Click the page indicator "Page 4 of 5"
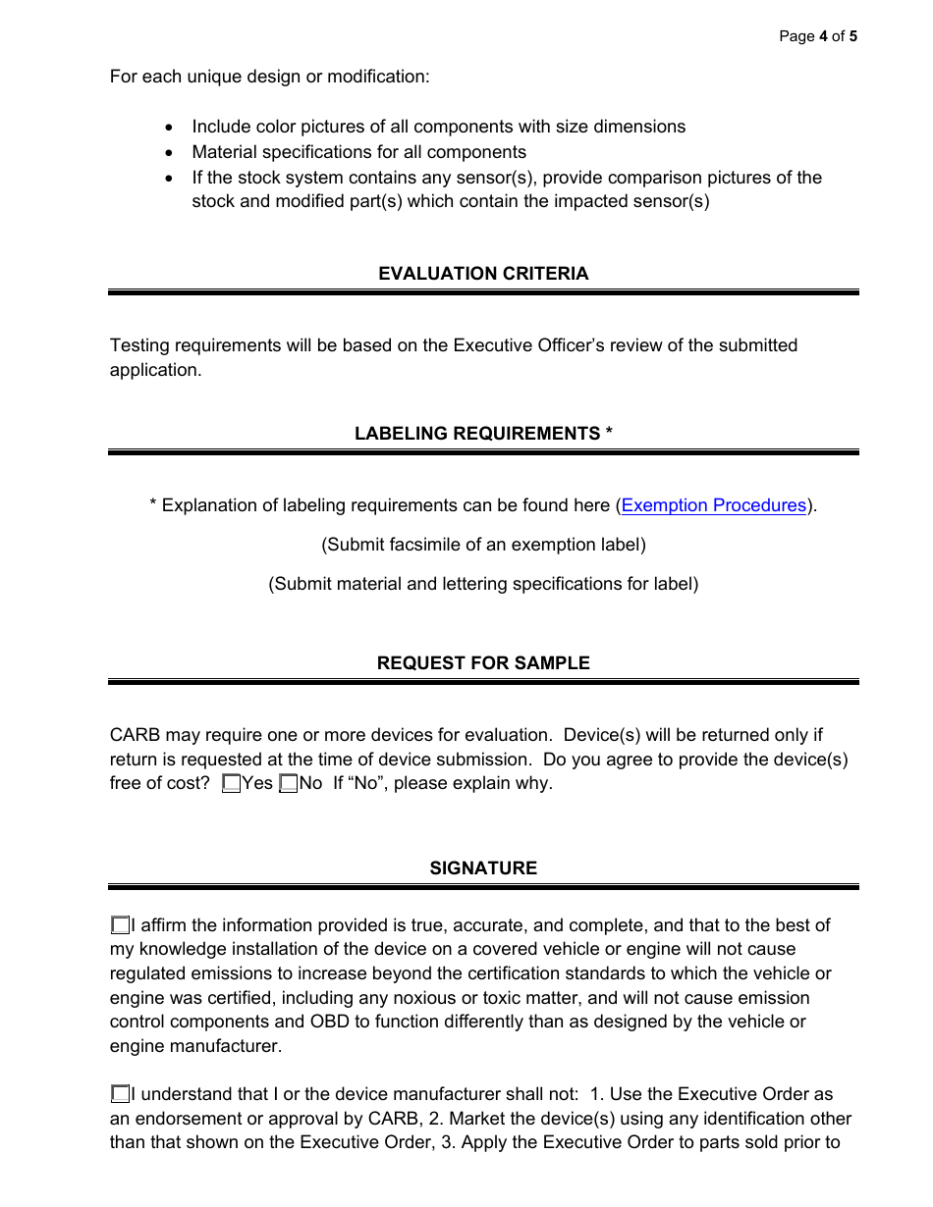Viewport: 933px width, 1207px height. click(x=818, y=36)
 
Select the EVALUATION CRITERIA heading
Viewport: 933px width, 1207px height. click(x=483, y=274)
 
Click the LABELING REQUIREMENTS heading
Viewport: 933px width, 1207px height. click(x=483, y=434)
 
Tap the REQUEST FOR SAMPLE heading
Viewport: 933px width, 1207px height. click(x=483, y=663)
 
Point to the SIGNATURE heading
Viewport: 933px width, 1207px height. click(x=483, y=868)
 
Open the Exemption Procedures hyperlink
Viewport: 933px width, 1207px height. click(x=713, y=505)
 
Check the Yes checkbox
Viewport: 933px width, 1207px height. click(x=231, y=783)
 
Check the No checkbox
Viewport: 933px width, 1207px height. click(x=289, y=783)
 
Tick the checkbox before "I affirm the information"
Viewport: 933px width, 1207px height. click(x=120, y=925)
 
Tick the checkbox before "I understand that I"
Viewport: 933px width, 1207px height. click(x=120, y=1094)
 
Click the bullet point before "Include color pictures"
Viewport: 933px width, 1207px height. click(x=171, y=128)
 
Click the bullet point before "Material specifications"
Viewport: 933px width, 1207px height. click(x=171, y=153)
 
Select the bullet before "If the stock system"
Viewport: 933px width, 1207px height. click(x=171, y=179)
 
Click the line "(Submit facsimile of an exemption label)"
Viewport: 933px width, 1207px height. click(x=483, y=545)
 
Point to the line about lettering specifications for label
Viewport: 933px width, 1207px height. click(x=483, y=584)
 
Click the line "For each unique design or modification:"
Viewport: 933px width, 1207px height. click(x=269, y=76)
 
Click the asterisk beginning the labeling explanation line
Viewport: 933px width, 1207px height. click(x=153, y=504)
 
